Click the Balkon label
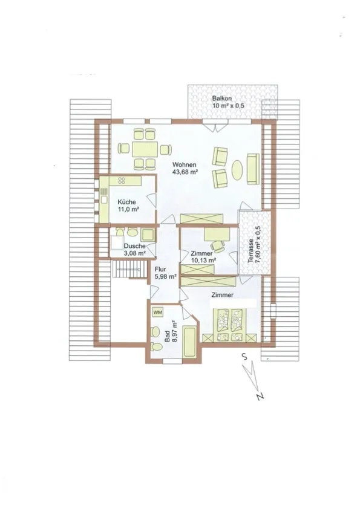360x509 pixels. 222,99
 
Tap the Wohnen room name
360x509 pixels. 184,164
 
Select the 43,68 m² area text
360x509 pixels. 185,172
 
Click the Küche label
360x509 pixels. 126,202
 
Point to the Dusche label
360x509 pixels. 134,246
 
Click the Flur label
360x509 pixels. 160,270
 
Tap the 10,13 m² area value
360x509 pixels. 203,261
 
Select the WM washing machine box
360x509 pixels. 157,313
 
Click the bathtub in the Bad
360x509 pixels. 189,342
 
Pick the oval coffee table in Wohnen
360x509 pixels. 237,169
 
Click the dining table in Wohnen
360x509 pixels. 145,149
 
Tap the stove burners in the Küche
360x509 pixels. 122,181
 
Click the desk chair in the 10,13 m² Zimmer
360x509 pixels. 218,246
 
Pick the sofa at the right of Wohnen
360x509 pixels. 253,169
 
